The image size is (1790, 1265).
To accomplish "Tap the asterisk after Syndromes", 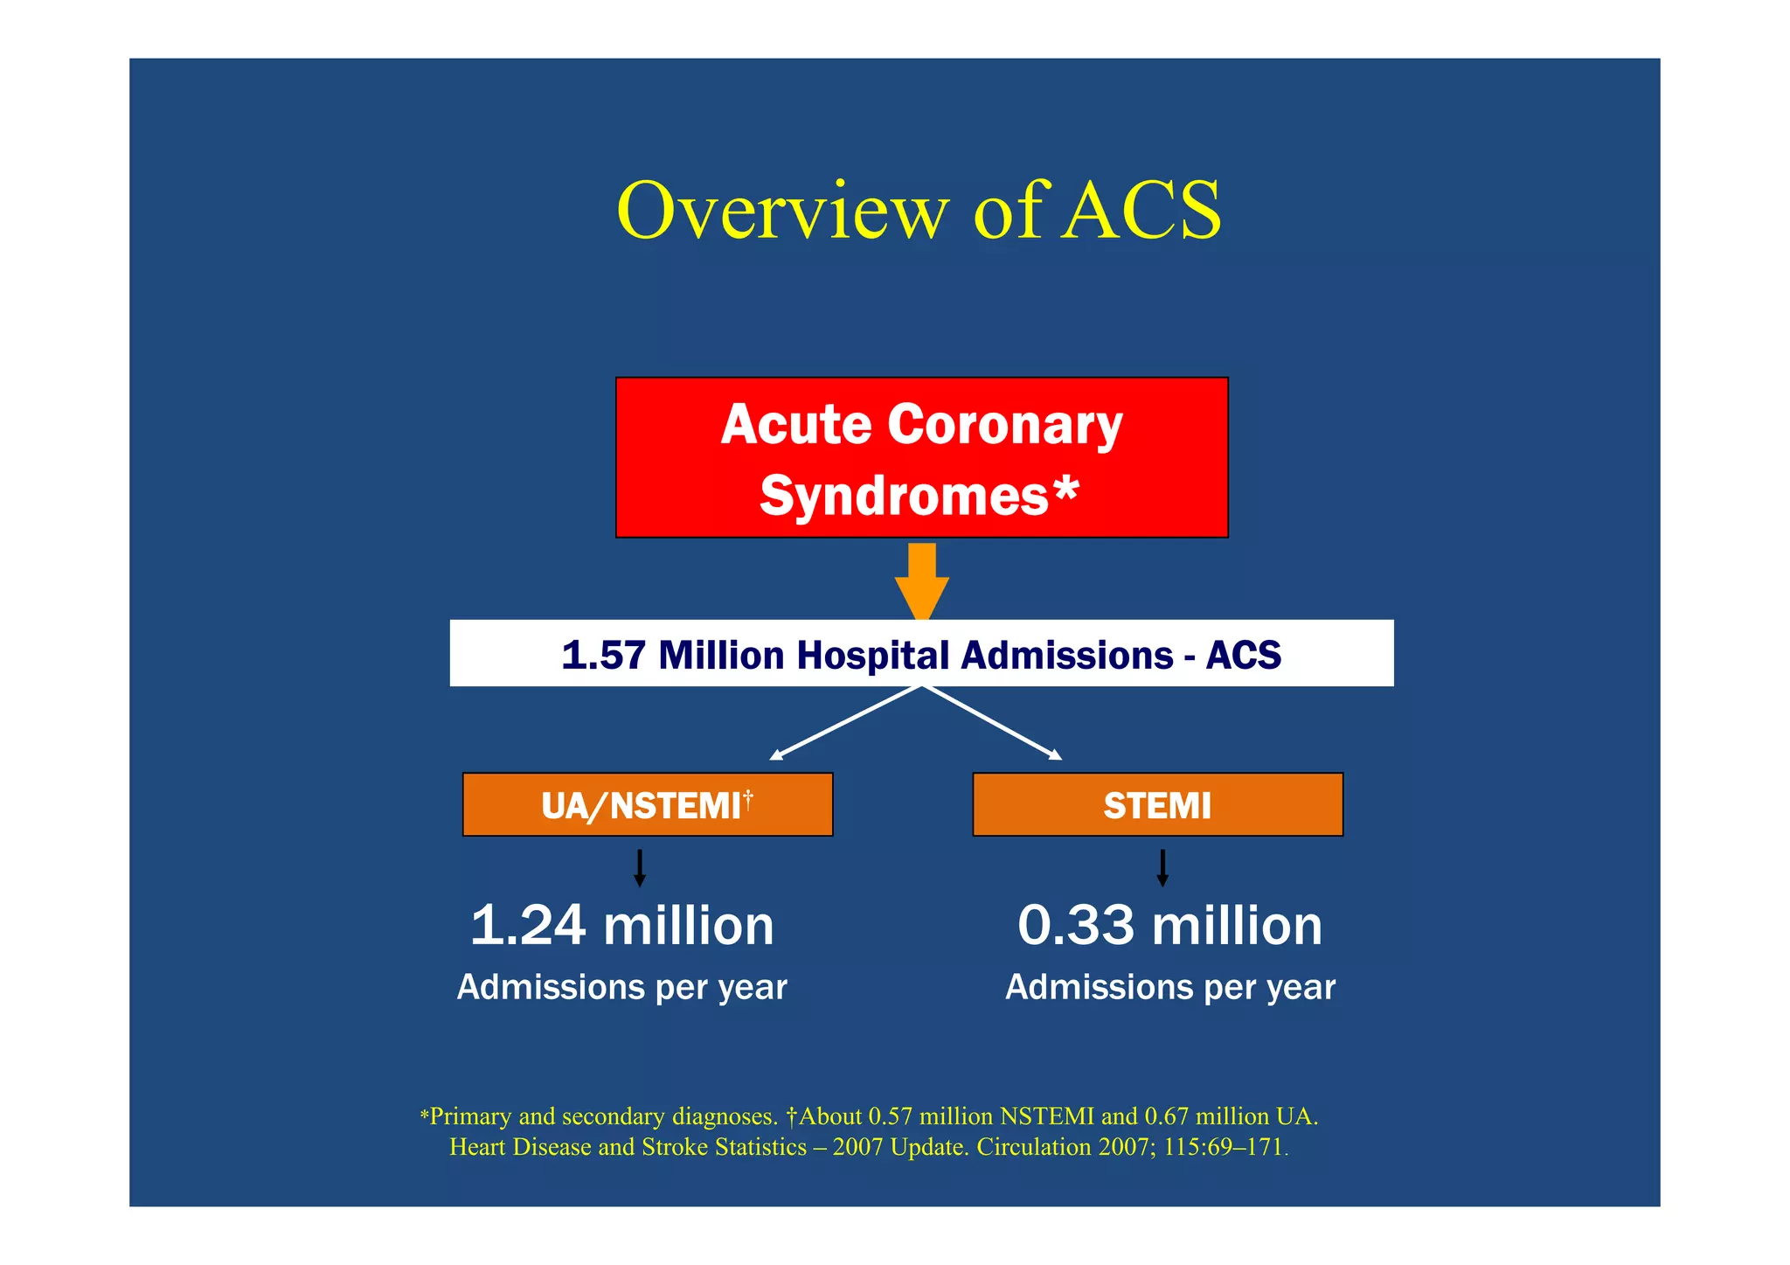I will [x=1065, y=491].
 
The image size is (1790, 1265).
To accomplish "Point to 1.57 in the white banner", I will [x=602, y=655].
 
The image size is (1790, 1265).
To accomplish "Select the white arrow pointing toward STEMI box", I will [x=993, y=723].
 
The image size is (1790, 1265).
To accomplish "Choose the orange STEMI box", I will [x=1156, y=805].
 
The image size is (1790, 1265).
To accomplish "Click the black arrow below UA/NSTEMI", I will [x=640, y=868].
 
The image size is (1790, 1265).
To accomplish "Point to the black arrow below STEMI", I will [x=1162, y=868].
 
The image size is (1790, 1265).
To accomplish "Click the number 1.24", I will [x=527, y=926].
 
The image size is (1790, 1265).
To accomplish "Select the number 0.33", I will [x=1076, y=926].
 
